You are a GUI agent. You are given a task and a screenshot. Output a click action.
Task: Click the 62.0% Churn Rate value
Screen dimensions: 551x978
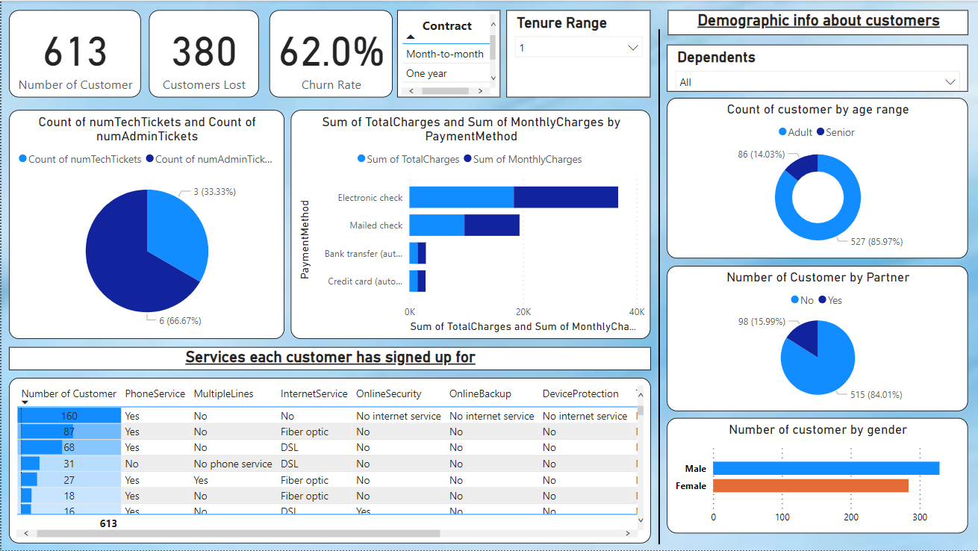coord(331,53)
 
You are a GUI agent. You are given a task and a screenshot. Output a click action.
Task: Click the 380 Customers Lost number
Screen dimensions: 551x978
coord(204,53)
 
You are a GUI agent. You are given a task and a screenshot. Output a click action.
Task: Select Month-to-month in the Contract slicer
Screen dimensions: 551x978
coord(445,54)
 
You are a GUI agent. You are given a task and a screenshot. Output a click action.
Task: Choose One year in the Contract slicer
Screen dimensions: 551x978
coord(426,73)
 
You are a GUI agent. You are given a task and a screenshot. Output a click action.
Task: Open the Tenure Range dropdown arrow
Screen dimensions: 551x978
coord(633,48)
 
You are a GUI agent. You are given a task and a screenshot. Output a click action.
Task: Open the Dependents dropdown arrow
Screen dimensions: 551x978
coord(950,82)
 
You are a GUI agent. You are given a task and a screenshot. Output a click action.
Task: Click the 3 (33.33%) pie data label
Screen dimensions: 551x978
coord(214,192)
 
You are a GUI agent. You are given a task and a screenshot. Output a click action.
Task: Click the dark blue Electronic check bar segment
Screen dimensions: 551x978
coord(566,197)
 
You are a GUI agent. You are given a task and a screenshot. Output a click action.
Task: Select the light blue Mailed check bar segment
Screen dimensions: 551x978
coord(437,225)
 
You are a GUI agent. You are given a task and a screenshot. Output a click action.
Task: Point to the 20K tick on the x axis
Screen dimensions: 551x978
coord(523,311)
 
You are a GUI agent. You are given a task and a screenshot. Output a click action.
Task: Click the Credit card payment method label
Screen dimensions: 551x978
coord(365,281)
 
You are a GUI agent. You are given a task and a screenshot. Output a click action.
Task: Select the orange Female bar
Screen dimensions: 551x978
coord(810,486)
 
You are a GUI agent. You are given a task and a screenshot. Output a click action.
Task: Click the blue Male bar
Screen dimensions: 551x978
coord(826,468)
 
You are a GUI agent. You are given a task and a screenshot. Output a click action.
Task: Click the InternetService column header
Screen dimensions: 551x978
coord(314,393)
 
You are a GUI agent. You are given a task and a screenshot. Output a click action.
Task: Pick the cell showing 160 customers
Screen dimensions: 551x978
coord(69,416)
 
